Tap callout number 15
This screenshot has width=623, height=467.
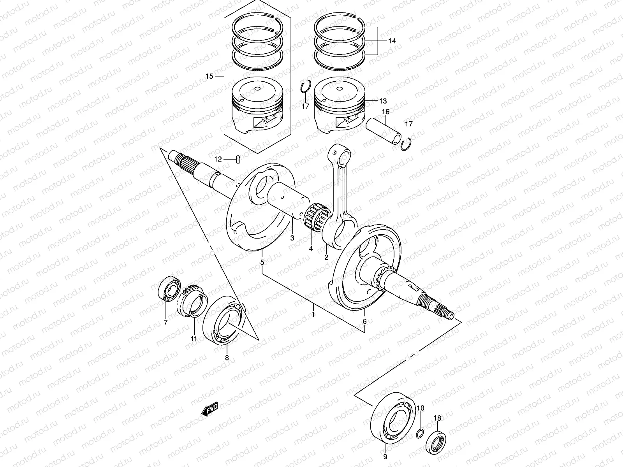pyautogui.click(x=209, y=76)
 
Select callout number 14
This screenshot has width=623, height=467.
pyautogui.click(x=392, y=41)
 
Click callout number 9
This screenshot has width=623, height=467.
pyautogui.click(x=385, y=456)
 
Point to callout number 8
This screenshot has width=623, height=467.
pyautogui.click(x=227, y=357)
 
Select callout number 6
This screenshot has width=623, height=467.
pyautogui.click(x=364, y=321)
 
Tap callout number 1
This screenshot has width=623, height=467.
pyautogui.click(x=313, y=314)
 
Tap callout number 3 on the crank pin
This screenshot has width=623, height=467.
pyautogui.click(x=292, y=238)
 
